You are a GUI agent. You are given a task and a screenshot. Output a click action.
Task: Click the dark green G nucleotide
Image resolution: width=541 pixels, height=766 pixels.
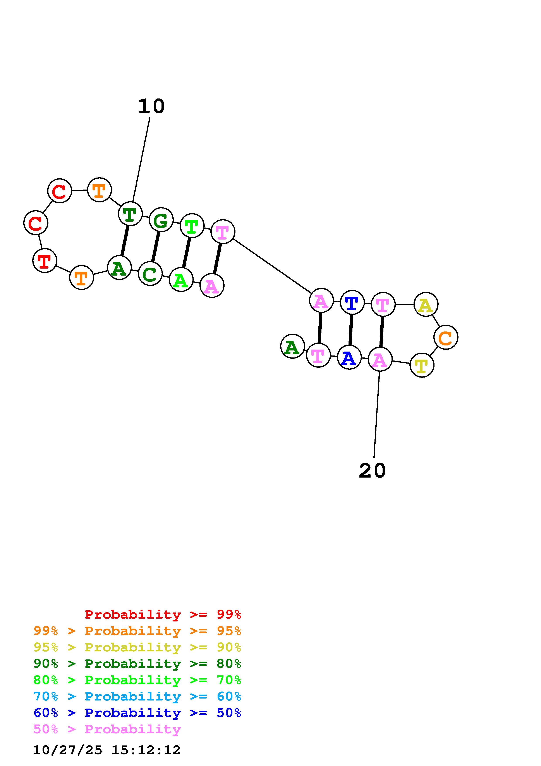pos(161,220)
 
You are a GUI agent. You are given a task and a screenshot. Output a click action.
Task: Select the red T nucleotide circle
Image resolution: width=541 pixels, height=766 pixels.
pos(45,261)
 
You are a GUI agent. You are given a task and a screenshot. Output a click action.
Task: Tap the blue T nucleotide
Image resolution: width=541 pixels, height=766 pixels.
pos(352,302)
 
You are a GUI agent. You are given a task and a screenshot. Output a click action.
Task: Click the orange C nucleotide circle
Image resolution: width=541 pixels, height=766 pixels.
pos(446,337)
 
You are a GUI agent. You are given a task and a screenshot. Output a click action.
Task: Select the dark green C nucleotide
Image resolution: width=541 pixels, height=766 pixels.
pos(150,274)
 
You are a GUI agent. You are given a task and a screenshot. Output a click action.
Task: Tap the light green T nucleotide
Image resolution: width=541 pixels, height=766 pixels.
pos(192,226)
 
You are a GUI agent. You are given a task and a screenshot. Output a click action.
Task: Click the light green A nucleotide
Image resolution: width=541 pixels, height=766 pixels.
pos(181,279)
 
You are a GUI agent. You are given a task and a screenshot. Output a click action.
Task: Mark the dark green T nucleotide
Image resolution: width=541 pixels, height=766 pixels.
pos(130,214)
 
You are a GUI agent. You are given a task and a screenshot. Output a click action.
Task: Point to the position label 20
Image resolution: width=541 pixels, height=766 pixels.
pos(372,471)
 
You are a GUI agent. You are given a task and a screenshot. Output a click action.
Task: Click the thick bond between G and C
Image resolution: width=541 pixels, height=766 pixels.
pos(156,247)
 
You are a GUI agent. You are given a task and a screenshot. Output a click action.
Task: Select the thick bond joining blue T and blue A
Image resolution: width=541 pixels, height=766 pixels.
pos(351,330)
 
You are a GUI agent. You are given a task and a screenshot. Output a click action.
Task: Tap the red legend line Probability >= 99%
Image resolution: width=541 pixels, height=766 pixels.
pos(163,614)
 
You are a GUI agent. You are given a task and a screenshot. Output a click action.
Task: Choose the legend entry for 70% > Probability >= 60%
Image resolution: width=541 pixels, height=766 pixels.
pos(137,697)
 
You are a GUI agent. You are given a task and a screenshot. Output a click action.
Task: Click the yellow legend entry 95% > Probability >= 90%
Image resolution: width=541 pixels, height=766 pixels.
pos(137,647)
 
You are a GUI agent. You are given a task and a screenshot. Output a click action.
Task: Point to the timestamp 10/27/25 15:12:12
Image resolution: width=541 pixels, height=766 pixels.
pos(107,750)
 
